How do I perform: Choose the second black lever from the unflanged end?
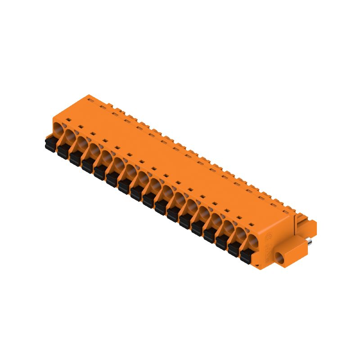click(63, 152)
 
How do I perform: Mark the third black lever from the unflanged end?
click(75, 158)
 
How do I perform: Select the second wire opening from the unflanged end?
click(70, 135)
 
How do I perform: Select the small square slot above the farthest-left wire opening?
click(69, 119)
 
